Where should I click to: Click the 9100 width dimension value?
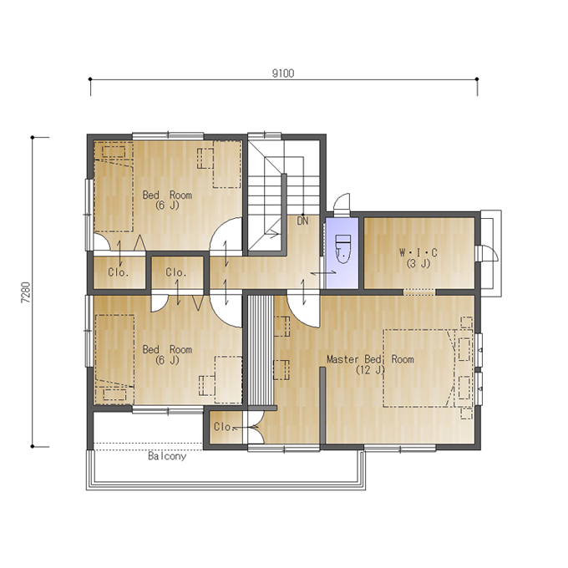pos(283,74)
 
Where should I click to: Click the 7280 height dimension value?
pos(27,292)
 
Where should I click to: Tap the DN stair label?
pos(302,221)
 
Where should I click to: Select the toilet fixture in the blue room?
pos(342,249)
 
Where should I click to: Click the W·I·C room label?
pos(418,252)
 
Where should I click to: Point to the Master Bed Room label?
pos(370,359)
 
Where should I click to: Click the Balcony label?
pos(167,456)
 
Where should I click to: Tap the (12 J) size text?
pos(370,370)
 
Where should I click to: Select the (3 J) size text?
pos(418,263)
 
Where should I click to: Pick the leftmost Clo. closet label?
pos(119,272)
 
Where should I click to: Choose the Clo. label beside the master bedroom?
pos(224,427)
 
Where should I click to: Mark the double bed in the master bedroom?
pos(419,368)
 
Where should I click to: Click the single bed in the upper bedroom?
pos(114,187)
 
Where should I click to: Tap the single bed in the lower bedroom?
pos(114,359)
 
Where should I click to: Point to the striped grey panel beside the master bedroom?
pos(260,350)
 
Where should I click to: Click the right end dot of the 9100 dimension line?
pos(477,79)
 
